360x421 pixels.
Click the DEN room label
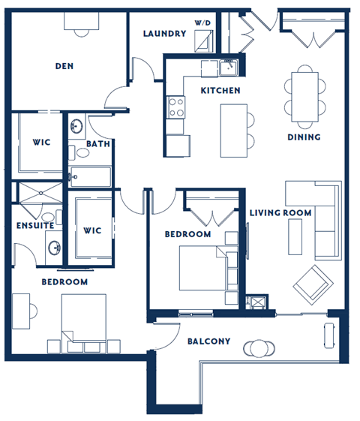click(x=64, y=66)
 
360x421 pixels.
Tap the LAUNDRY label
click(x=164, y=34)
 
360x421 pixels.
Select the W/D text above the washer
click(x=202, y=24)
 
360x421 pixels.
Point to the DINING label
click(x=304, y=137)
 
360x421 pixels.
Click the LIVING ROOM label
click(x=280, y=213)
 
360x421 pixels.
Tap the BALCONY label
click(x=208, y=341)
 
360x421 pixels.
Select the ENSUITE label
click(x=34, y=225)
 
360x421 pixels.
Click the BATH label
click(x=97, y=143)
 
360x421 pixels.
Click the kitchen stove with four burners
click(x=176, y=107)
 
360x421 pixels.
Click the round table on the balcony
click(x=260, y=348)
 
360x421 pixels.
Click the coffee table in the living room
click(x=295, y=235)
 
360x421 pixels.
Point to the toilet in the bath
click(x=81, y=153)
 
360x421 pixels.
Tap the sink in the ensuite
click(x=54, y=247)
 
